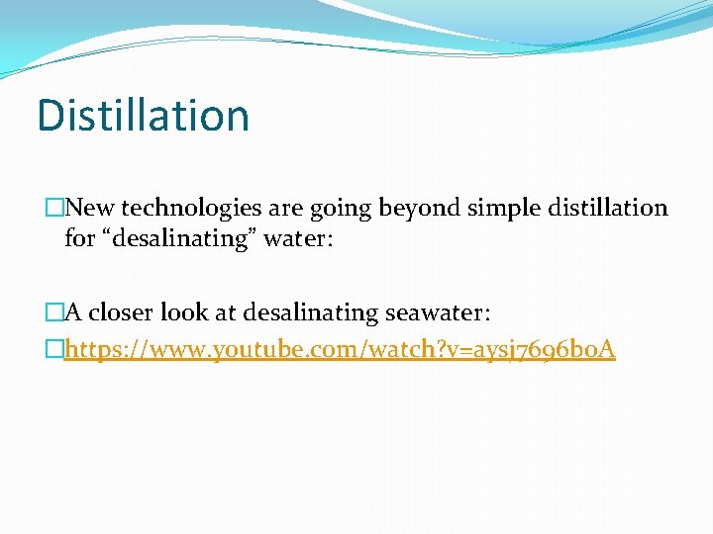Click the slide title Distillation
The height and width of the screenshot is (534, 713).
click(143, 116)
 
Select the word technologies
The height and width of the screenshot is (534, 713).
click(187, 208)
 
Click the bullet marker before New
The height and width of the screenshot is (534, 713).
click(54, 208)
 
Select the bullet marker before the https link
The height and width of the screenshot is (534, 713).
click(54, 348)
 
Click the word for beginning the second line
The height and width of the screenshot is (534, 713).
click(79, 239)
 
